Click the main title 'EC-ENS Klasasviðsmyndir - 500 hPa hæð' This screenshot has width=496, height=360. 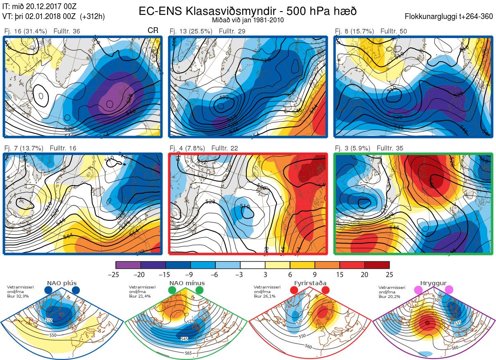pyautogui.click(x=247, y=11)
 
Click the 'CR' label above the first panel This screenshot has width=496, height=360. pyautogui.click(x=153, y=31)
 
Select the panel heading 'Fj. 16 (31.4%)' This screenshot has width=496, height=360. pyautogui.click(x=25, y=31)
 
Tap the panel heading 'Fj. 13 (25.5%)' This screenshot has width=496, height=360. pyautogui.click(x=191, y=31)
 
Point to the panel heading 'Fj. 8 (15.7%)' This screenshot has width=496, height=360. pyautogui.click(x=354, y=31)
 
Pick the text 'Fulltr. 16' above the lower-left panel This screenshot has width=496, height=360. pyautogui.click(x=63, y=148)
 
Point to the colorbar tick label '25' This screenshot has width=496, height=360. pyautogui.click(x=389, y=274)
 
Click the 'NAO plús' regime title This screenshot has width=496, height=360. pyautogui.click(x=62, y=283)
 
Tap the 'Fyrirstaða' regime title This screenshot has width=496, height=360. pyautogui.click(x=309, y=283)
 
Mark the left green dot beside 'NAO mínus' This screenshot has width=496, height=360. pyautogui.click(x=173, y=291)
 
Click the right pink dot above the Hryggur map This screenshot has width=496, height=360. pyautogui.click(x=449, y=291)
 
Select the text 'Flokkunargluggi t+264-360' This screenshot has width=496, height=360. pyautogui.click(x=450, y=17)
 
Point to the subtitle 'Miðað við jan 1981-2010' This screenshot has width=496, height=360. pyautogui.click(x=247, y=20)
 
